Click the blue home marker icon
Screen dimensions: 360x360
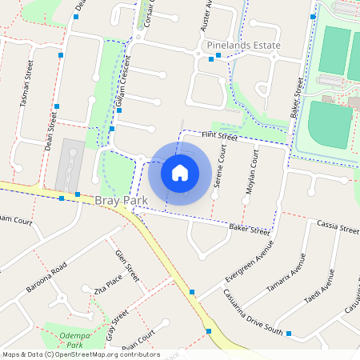(180, 172)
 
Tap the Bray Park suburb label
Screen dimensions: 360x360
(121, 199)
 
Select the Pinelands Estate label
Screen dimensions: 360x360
(243, 46)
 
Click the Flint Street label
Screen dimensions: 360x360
(220, 138)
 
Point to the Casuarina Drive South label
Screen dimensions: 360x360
(253, 311)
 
